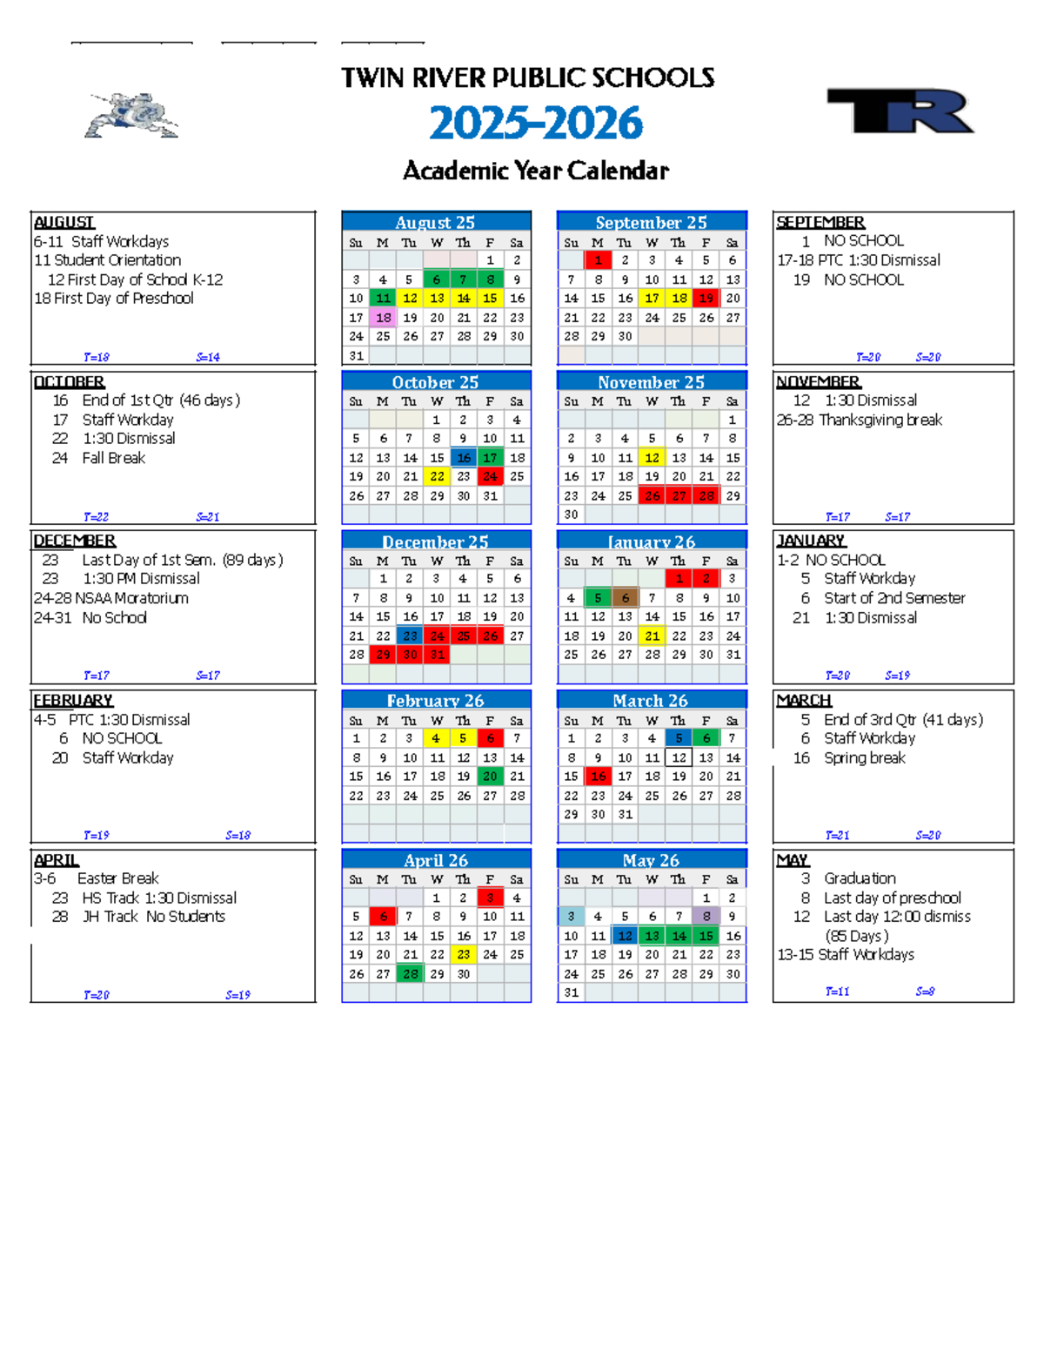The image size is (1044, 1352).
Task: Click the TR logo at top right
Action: (900, 111)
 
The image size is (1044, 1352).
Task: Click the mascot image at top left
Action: (131, 116)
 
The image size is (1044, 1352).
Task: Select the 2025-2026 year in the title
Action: (535, 123)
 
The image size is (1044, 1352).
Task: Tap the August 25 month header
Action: (435, 222)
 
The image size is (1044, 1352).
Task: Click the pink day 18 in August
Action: (383, 318)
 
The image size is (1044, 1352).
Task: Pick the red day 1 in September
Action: (598, 260)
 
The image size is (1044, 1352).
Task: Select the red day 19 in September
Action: (706, 299)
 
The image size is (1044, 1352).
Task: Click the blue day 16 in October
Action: (464, 458)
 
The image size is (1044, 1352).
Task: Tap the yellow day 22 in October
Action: (437, 477)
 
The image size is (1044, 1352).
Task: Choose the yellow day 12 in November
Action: (652, 458)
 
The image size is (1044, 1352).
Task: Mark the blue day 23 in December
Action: (410, 636)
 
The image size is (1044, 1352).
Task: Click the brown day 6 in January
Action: (625, 598)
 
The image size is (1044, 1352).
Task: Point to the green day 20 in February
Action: (491, 777)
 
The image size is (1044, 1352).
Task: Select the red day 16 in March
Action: (598, 777)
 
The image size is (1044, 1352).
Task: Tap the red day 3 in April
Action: (491, 898)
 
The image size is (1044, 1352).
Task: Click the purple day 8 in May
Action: (706, 917)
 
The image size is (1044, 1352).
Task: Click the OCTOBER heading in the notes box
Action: (69, 382)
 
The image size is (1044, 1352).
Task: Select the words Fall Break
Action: (113, 458)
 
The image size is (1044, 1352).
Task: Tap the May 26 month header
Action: (651, 860)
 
